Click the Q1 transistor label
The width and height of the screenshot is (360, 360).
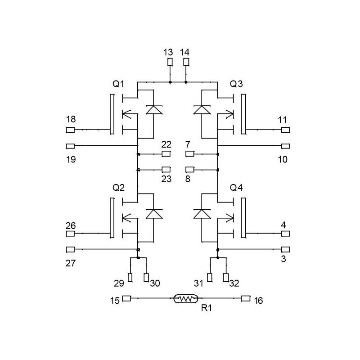pos(119,84)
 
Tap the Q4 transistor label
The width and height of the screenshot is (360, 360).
pos(236,188)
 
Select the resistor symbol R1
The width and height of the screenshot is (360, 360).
pos(185,298)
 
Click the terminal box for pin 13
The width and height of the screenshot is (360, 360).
pos(170,62)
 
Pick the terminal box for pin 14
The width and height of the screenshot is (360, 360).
pos(186,62)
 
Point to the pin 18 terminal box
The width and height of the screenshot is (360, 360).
pos(70,130)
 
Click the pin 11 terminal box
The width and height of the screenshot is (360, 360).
pos(285,130)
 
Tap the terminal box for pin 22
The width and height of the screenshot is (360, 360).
pos(166,154)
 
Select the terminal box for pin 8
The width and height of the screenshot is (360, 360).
pos(190,170)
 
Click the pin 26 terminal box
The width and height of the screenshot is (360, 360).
pos(70,234)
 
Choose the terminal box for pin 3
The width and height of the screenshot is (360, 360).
pos(285,249)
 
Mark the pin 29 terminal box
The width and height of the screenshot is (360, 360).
pos(130,278)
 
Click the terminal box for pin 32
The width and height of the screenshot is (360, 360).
pos(225,278)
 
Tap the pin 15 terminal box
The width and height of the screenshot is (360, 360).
pos(126,298)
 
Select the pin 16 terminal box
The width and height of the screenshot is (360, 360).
pos(245,298)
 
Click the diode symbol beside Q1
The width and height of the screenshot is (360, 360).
pos(154,109)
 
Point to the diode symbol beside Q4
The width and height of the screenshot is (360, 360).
pos(202,213)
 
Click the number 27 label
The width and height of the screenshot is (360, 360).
pos(71,263)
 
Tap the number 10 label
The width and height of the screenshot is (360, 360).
pos(282,160)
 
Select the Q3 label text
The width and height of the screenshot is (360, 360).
pos(236,84)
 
